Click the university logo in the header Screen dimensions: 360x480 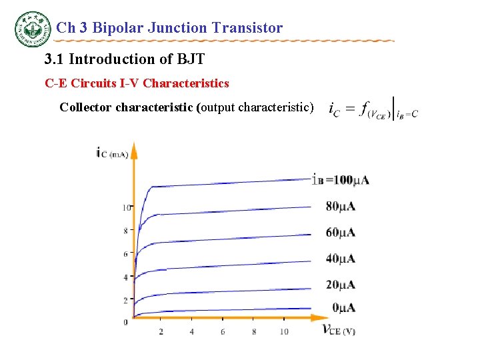click(33, 29)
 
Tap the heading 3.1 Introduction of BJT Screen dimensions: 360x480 click(124, 59)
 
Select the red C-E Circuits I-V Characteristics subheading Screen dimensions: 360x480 click(137, 83)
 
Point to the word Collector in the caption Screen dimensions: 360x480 click(85, 107)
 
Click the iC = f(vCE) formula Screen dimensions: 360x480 click(373, 111)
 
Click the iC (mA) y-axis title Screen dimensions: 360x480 click(112, 154)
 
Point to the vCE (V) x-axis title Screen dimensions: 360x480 click(339, 329)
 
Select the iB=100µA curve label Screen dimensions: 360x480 click(341, 179)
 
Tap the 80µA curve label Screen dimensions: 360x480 click(341, 207)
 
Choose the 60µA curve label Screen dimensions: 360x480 click(341, 233)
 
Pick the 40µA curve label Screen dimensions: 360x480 click(341, 259)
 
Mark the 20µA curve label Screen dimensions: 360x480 click(341, 285)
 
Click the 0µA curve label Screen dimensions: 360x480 click(344, 307)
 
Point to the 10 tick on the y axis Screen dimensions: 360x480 click(126, 208)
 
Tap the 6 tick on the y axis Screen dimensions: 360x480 click(125, 254)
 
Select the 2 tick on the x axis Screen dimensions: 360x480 click(161, 331)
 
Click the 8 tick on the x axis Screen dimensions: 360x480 click(254, 331)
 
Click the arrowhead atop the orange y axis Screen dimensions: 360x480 click(133, 149)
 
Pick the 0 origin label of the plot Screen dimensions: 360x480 click(125, 323)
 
